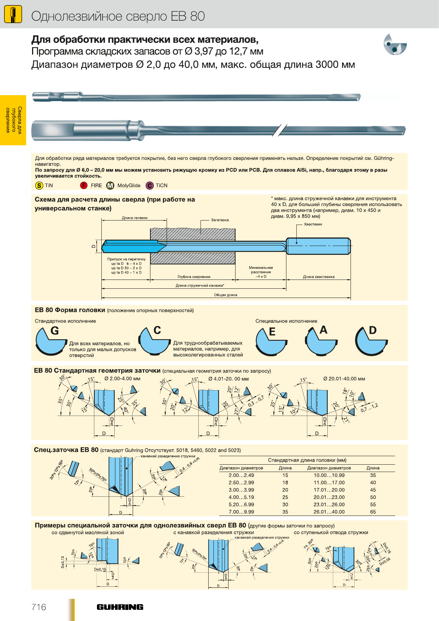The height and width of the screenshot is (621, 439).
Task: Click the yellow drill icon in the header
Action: (x=13, y=15)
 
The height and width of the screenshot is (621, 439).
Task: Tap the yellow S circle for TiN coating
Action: (x=39, y=185)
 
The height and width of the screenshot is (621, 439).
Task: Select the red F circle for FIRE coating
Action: (x=84, y=185)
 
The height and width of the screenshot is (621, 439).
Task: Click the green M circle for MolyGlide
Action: (x=110, y=185)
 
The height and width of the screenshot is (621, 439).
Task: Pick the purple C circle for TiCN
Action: (x=150, y=185)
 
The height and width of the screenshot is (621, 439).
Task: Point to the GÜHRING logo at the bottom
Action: (x=120, y=607)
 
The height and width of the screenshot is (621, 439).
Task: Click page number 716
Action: (x=39, y=607)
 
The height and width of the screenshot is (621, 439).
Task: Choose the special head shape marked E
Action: (x=271, y=342)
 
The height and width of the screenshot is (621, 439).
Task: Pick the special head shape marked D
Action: (x=370, y=342)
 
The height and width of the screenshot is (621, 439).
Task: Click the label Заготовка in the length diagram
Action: (x=220, y=220)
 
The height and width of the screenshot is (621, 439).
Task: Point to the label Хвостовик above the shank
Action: (x=313, y=224)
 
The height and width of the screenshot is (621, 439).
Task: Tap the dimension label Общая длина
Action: (x=226, y=295)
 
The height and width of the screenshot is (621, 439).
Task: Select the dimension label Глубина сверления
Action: (x=194, y=277)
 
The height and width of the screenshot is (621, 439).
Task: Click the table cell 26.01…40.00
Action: (x=329, y=512)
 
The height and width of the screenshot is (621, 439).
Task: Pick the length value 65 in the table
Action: (x=373, y=512)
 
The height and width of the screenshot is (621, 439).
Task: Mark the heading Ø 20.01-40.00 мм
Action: (x=344, y=379)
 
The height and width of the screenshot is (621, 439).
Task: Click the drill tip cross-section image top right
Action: (x=395, y=45)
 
